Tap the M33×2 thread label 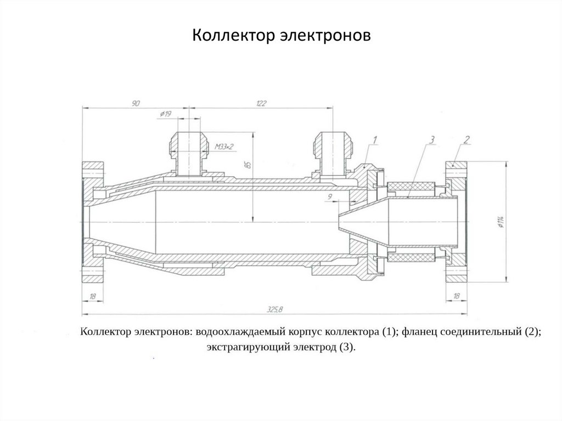(224, 147)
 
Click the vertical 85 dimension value (248, 164)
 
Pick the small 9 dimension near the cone (329, 195)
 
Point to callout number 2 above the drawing (466, 140)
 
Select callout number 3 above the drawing (433, 140)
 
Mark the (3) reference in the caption (347, 347)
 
